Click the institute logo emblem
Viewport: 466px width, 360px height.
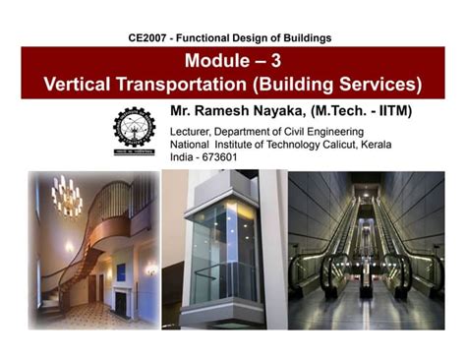135,132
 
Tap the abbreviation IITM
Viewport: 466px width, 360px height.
388,111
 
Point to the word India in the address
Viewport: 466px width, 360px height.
184,158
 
